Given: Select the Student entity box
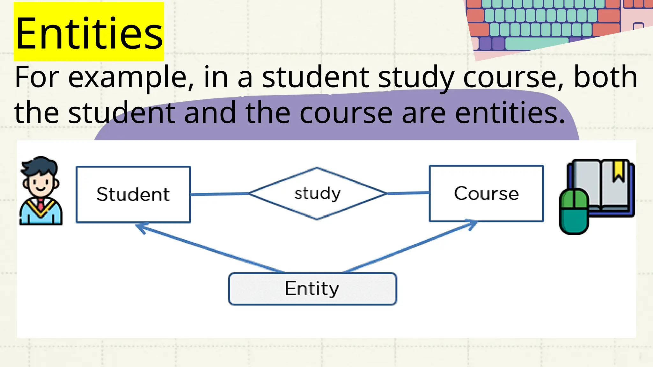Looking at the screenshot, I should click(133, 194).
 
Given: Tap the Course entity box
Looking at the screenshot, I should click(486, 193).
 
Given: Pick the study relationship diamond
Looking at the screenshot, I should click(317, 193).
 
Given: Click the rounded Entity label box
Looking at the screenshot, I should click(312, 289).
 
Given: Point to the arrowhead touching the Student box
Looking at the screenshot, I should click(140, 227).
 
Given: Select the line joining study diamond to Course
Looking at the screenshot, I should click(408, 193).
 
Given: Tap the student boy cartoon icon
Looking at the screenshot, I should click(40, 191).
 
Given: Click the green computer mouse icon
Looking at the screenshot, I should click(574, 212).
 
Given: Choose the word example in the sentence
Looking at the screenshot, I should click(131, 77).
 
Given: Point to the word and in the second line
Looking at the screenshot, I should click(210, 113).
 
